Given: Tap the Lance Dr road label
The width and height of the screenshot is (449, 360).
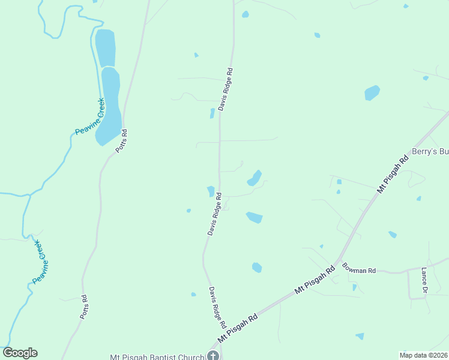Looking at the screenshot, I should pos(424,280).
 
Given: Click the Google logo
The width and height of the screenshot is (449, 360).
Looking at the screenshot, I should pos(20,353).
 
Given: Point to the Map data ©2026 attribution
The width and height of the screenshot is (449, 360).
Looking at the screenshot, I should pos(423,355).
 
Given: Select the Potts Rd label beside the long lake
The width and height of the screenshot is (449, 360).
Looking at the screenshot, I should pos(121,141).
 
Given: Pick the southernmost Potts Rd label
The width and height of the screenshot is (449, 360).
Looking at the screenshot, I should pos(84,306).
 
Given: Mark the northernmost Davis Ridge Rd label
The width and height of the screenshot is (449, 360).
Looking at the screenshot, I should pos(225,89).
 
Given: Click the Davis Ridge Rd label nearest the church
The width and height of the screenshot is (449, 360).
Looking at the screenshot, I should pos(217,307).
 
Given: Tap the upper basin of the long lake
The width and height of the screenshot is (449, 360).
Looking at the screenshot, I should pos(105,47).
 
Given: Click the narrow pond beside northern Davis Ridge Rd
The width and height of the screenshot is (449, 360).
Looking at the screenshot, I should pos(211,113).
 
